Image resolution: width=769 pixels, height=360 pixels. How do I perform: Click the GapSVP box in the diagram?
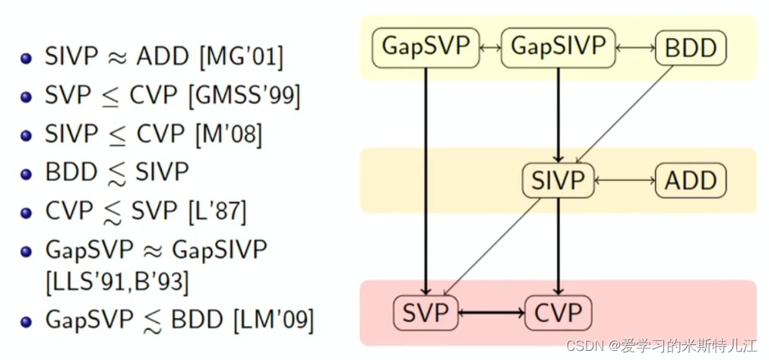426,48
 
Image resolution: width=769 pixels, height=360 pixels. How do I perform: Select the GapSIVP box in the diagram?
558,48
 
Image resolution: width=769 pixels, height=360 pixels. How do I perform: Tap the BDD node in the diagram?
691,49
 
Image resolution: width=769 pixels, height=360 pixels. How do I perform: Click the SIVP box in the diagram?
559,181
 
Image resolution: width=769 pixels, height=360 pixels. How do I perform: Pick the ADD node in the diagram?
691,181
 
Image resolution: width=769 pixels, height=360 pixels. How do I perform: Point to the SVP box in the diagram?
426,313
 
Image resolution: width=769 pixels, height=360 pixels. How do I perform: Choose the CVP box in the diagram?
559,313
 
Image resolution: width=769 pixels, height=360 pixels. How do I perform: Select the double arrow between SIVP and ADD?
625,181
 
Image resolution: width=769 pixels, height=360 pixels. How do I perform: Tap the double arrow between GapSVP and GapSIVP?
492,48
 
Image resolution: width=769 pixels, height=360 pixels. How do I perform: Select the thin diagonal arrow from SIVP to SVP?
492,247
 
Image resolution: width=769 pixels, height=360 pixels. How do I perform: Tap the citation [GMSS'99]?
244,96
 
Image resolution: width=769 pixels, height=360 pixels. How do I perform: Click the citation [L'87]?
217,210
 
